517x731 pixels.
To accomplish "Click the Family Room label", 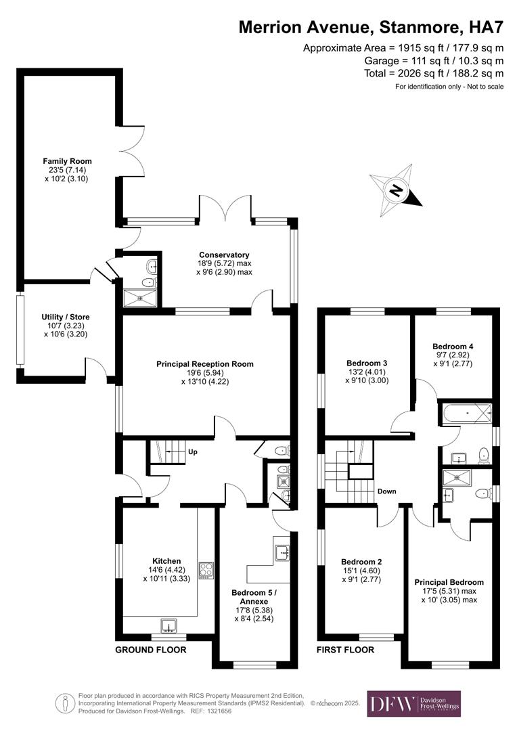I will coord(67,161).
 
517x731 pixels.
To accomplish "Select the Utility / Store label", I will coord(66,317).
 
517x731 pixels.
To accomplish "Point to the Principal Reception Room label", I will coord(205,363).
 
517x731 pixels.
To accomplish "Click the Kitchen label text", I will coord(166,561).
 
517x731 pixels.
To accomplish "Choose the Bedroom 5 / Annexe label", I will coord(249,597).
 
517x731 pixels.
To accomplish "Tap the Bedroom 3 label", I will coord(367,362).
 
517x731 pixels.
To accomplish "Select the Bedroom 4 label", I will coord(453,347).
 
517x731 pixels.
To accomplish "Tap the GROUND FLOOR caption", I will coord(150,650).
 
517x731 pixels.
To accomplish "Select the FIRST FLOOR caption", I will coord(345,650).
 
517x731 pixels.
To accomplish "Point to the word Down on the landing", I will coord(386,491).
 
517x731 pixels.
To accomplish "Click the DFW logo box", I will coord(413,704).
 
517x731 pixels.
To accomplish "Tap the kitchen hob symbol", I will coord(205,569).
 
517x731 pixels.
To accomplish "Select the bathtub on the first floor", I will coord(465,413).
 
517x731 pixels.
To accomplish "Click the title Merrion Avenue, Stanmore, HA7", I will coord(372,28).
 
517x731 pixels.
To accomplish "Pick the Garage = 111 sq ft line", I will coord(433,61).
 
